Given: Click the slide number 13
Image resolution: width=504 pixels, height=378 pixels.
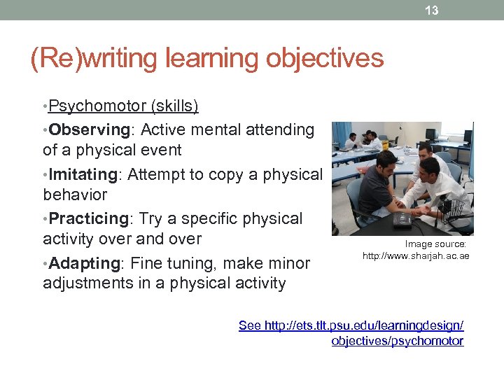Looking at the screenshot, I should point(432,10).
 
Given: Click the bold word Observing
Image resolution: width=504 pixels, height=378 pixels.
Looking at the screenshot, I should point(90,129).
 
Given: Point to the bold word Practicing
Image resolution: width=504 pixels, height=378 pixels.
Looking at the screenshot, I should point(89,219).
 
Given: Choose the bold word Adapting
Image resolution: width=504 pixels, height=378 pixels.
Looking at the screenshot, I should point(85,264).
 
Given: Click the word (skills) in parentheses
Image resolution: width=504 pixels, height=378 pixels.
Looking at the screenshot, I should point(172,106).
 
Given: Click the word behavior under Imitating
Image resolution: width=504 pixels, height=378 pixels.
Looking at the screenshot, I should point(75,195).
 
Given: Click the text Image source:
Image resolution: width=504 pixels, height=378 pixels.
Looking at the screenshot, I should point(435,244).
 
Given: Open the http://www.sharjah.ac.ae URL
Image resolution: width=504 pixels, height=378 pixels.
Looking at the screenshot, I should point(416,256).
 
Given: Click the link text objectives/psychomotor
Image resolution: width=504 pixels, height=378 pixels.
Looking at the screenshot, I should point(398,341).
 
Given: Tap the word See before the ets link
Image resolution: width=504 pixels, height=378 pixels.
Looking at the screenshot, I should point(251,325).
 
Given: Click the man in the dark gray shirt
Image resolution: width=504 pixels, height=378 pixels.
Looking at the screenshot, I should point(378,185).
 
